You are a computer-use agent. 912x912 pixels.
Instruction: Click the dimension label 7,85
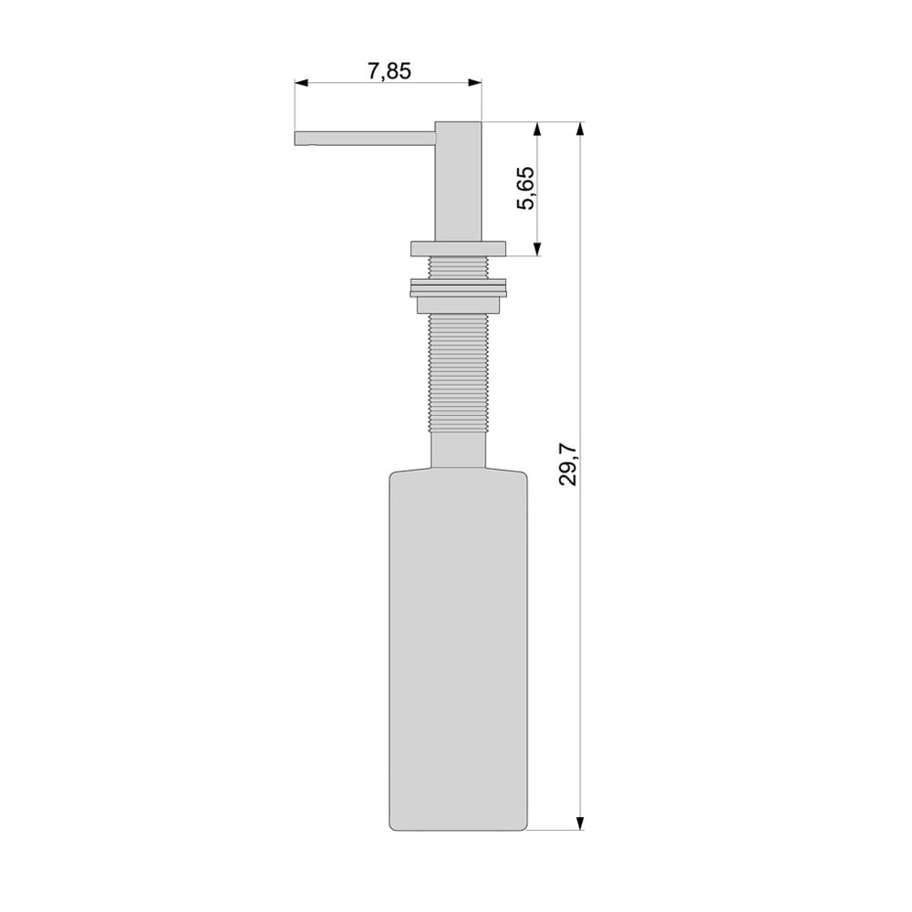tap(389, 71)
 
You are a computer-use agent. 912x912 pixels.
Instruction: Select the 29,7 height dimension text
tap(567, 463)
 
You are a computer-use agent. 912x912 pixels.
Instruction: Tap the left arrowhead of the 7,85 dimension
tap(301, 83)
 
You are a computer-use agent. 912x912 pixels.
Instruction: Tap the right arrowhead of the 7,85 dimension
tap(475, 83)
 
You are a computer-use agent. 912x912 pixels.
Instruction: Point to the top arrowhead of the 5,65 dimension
tap(537, 129)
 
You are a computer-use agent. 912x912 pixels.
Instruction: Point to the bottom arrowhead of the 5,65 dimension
tap(537, 249)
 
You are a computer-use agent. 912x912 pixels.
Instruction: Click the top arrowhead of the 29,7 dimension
tap(579, 129)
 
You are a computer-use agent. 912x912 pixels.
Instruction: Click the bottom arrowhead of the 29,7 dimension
tap(579, 823)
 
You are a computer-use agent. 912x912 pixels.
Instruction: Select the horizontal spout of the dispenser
tap(366, 139)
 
